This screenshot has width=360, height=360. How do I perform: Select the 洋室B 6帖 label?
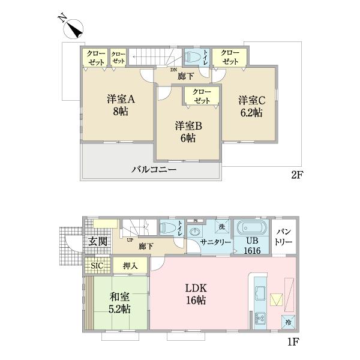click(x=188, y=131)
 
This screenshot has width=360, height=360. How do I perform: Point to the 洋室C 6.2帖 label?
click(x=250, y=105)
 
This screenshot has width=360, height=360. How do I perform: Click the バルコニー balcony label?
click(x=154, y=170)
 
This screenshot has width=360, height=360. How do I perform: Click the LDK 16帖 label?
click(x=196, y=292)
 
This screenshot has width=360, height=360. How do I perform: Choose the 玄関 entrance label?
click(x=98, y=242)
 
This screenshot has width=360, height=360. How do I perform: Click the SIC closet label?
click(x=96, y=264)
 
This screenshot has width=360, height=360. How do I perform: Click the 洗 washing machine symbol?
click(x=221, y=227)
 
